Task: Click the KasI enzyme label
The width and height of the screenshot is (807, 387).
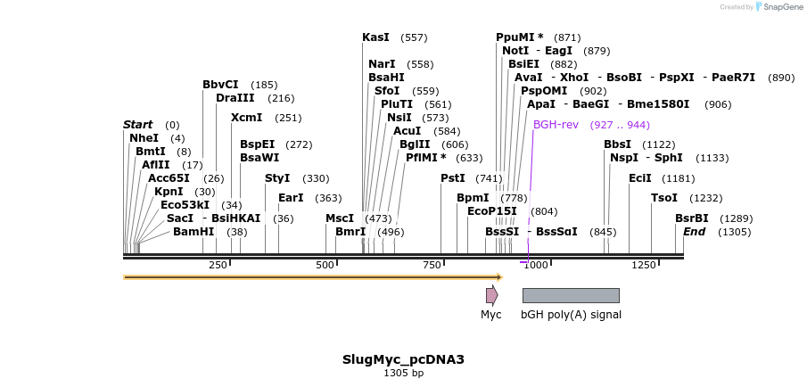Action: click(375, 37)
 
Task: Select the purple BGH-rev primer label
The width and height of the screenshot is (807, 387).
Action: click(556, 125)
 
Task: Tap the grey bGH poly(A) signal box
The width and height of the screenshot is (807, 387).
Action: click(571, 295)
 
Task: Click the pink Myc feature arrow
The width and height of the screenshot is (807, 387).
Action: click(491, 295)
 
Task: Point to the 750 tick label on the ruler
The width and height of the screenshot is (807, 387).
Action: click(432, 265)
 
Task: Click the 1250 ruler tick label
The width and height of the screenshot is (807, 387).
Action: click(644, 265)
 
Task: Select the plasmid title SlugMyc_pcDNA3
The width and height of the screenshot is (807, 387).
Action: click(403, 359)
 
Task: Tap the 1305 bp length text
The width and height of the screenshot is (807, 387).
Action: click(403, 373)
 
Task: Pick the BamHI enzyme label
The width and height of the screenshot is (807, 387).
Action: click(194, 232)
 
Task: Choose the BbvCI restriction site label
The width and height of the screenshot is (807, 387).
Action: click(220, 85)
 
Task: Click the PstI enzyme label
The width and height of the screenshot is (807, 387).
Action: click(453, 178)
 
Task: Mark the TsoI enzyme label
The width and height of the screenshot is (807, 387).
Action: click(664, 198)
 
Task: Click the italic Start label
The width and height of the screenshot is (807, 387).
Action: click(138, 125)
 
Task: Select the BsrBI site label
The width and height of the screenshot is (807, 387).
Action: click(692, 218)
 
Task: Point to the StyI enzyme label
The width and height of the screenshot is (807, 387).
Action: click(277, 178)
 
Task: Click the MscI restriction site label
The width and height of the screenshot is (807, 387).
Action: click(340, 218)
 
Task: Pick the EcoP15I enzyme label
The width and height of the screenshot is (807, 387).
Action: click(492, 211)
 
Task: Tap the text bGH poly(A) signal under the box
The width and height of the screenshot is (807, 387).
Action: click(571, 315)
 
